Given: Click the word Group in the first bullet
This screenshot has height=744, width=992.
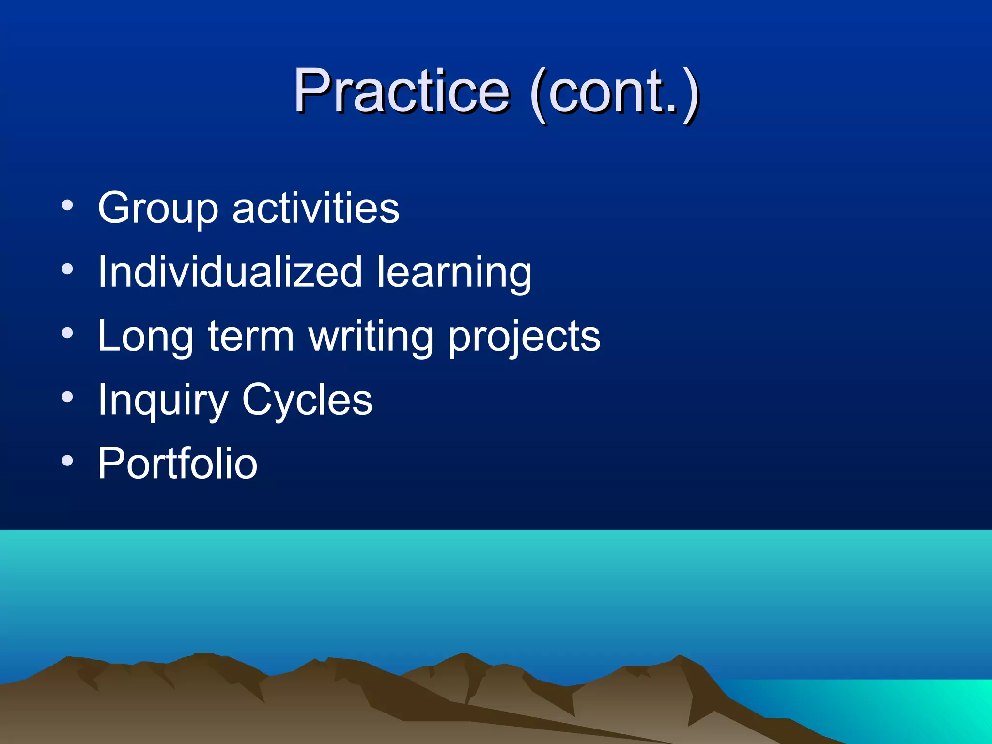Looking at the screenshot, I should click(158, 208).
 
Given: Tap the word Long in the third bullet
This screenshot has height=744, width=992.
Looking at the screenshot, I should click(146, 337).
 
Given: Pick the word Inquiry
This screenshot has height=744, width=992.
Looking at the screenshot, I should click(163, 401).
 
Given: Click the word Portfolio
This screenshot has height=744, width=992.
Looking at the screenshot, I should click(178, 464).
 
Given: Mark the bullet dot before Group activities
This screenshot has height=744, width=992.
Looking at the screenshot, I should click(67, 205).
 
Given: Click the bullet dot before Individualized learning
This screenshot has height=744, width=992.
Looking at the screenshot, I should click(67, 269).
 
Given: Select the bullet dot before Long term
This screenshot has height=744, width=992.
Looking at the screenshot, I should click(67, 333).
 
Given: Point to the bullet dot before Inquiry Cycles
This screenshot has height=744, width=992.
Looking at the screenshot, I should click(67, 397).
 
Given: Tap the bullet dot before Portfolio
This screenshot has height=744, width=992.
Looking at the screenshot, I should click(67, 461).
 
